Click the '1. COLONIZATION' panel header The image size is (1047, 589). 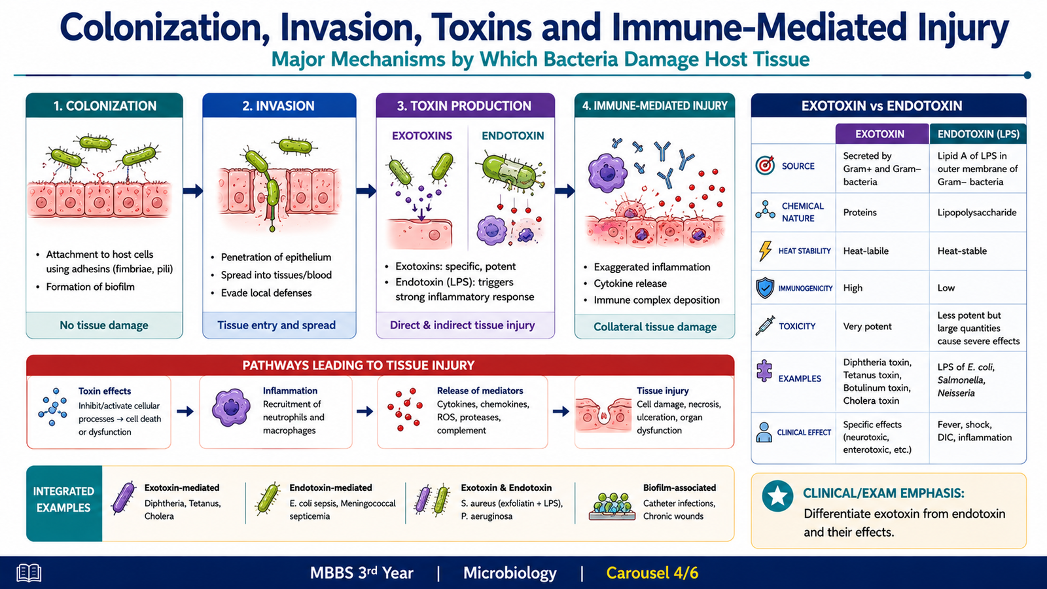tap(104, 105)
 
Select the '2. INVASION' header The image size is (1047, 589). tap(279, 105)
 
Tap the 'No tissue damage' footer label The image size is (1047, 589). tap(104, 325)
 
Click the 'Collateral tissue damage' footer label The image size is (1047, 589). tap(655, 327)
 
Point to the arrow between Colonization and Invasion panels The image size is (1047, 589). tap(192, 190)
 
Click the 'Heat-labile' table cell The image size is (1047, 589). tap(866, 251)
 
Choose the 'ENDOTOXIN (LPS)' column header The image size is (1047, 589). tap(978, 134)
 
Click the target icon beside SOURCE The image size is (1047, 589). tap(765, 166)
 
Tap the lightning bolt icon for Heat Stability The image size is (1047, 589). tap(765, 251)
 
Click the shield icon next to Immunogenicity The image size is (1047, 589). tap(765, 288)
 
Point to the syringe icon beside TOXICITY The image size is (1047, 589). tap(765, 325)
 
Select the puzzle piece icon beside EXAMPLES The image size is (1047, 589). tap(764, 371)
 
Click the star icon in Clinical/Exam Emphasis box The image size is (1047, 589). tap(777, 496)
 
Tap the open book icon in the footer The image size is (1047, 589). tap(29, 573)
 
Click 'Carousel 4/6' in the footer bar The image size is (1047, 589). tap(652, 573)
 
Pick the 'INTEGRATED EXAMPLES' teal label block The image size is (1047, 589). tap(64, 503)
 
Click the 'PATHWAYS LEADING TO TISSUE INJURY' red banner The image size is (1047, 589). tap(380, 365)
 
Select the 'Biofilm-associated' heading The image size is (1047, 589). tap(679, 488)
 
